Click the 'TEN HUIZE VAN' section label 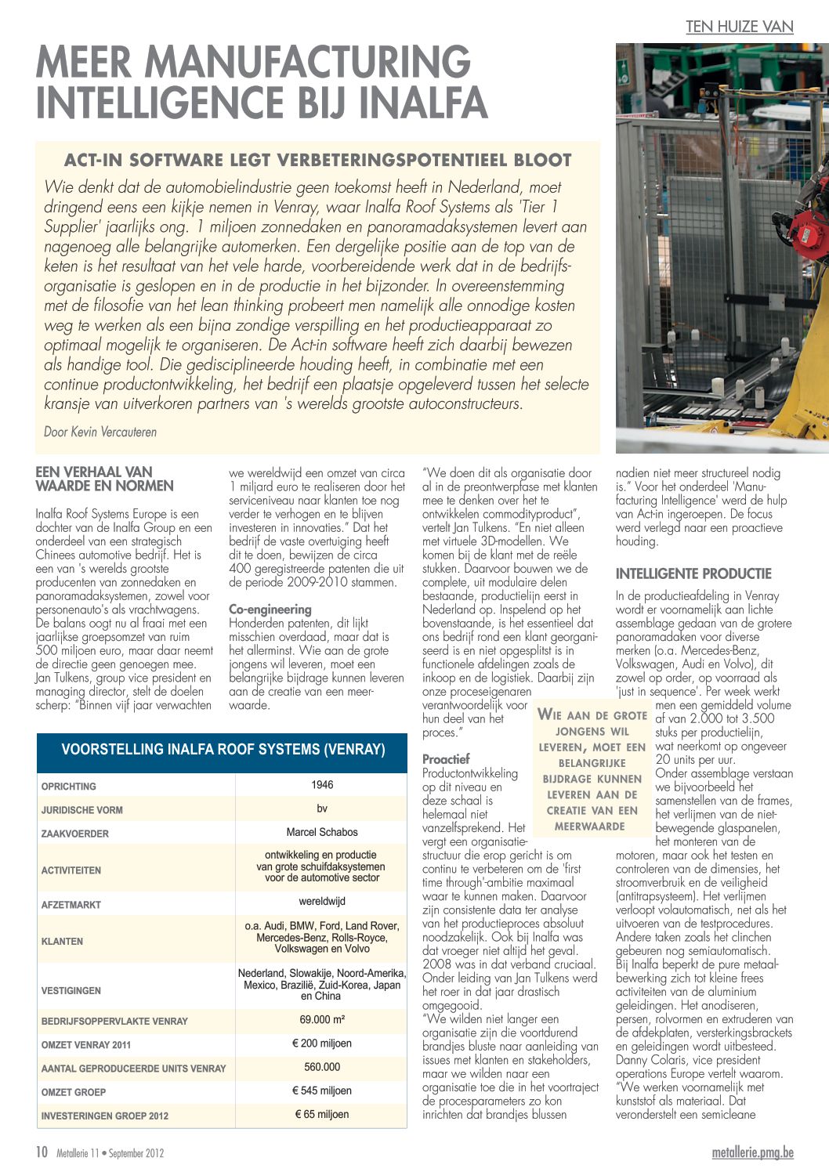(739, 27)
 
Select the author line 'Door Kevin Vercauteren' (100, 432)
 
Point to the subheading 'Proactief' (446, 758)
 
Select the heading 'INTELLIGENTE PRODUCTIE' (693, 573)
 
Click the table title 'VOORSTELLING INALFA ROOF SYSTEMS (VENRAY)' (223, 750)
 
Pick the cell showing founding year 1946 (322, 785)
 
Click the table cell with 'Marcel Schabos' (322, 832)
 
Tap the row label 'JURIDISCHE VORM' (82, 810)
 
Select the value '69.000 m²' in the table (322, 1020)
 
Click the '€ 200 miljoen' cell (322, 1044)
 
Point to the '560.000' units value (322, 1067)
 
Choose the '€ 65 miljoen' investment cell (322, 1114)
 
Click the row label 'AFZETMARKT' (71, 905)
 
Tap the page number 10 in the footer (42, 1152)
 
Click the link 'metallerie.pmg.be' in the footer (752, 1152)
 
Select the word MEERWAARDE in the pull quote (589, 827)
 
